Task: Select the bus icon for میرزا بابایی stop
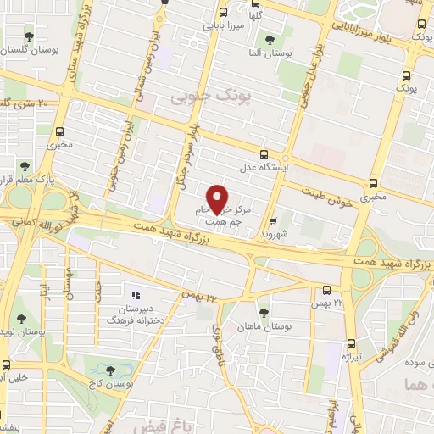point(223,13)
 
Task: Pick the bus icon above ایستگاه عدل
point(264,154)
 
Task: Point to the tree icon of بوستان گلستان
point(31,36)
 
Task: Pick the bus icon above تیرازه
point(351,343)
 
